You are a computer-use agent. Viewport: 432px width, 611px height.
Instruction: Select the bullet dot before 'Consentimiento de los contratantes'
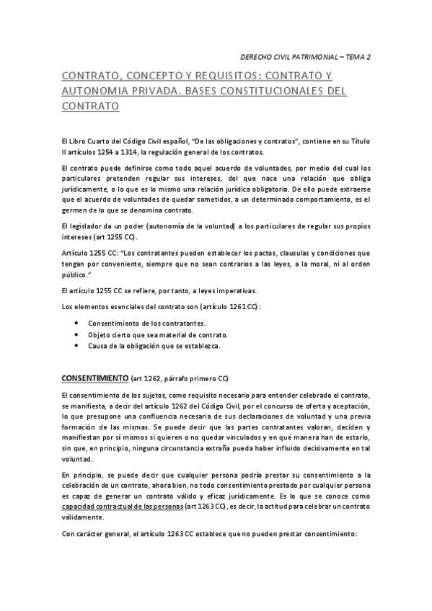[x=77, y=324]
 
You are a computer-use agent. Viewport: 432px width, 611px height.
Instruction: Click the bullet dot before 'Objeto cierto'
[x=77, y=335]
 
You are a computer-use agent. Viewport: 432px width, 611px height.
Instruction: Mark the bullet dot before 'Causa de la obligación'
[x=77, y=346]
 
